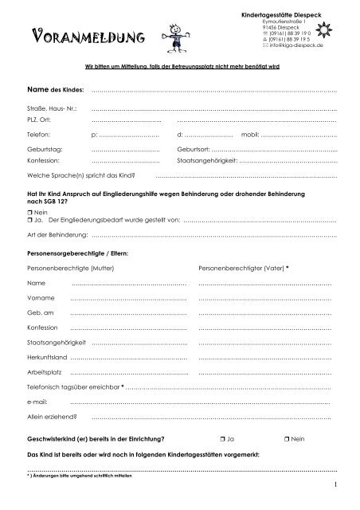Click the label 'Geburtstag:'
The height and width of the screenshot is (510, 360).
45,149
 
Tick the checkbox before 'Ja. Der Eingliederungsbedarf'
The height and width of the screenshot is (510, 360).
29,220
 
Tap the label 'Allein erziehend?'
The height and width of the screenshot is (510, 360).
53,416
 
